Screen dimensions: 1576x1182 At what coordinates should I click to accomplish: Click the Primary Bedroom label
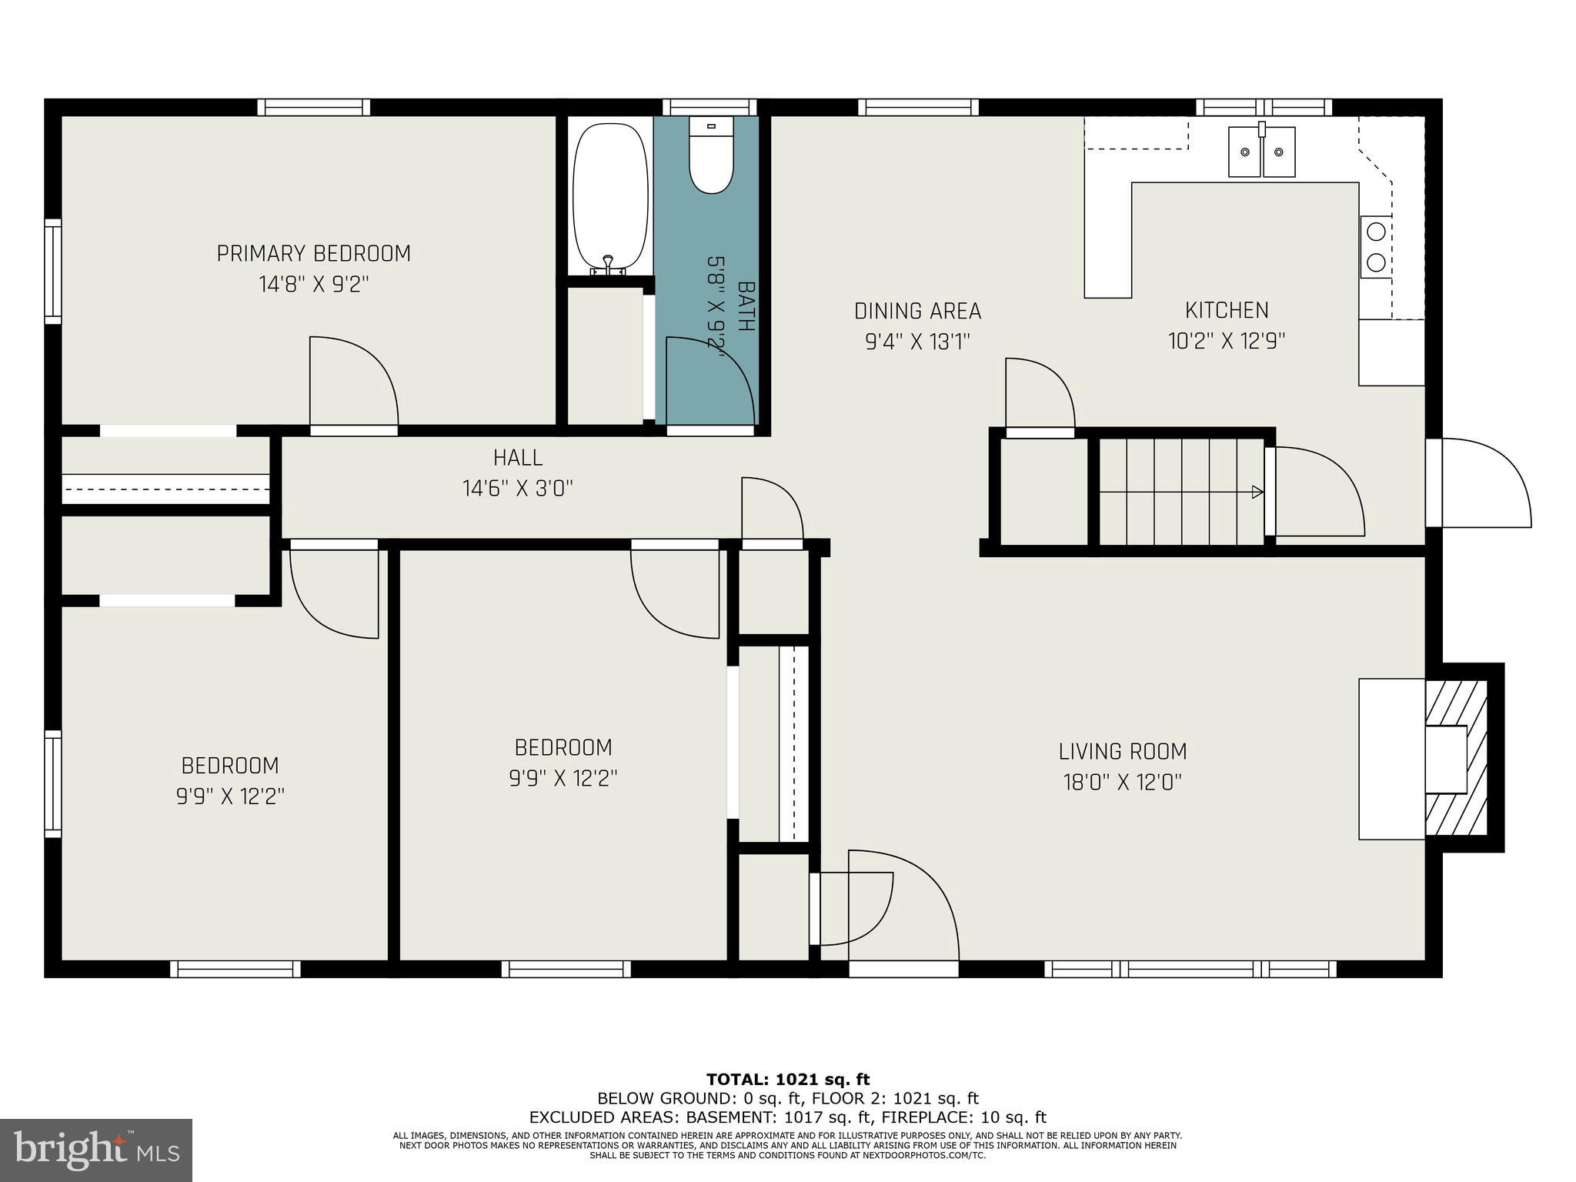point(313,253)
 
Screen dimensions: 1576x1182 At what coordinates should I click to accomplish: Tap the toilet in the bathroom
point(710,155)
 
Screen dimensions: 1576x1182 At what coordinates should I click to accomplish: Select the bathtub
point(610,198)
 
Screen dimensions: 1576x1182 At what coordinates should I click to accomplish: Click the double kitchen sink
point(1261,152)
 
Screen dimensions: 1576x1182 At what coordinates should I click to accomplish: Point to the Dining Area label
point(917,311)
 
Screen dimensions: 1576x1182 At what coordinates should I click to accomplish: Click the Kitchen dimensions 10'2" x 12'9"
point(1227,340)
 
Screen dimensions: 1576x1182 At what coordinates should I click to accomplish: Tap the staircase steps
point(1181,492)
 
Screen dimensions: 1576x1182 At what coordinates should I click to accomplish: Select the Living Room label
point(1122,751)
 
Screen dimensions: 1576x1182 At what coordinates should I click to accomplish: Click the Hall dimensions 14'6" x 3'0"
point(518,489)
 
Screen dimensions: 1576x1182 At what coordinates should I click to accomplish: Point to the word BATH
point(746,306)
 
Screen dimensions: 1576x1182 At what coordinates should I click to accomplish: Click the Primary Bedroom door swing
point(354,381)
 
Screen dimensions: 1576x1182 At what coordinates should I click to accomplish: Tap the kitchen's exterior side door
point(1486,482)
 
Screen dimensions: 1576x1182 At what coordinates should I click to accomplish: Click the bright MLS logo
point(96,1150)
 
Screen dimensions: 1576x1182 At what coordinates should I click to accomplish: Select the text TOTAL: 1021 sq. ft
point(788,1080)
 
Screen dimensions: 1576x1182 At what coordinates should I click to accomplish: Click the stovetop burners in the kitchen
point(1376,247)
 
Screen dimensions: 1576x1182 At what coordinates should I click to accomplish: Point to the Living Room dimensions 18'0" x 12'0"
point(1122,783)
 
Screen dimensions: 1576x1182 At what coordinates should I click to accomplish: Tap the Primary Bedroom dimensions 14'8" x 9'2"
point(314,285)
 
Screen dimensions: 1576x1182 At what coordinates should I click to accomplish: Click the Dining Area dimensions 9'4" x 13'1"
point(917,341)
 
